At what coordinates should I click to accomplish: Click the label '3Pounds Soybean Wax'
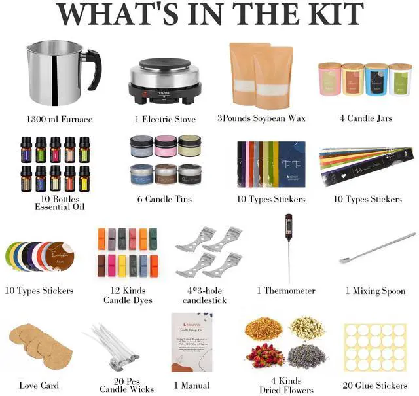click(261, 118)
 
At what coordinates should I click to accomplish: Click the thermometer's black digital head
click(288, 226)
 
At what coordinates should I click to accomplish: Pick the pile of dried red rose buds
click(264, 355)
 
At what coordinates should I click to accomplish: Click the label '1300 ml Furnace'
click(60, 119)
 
